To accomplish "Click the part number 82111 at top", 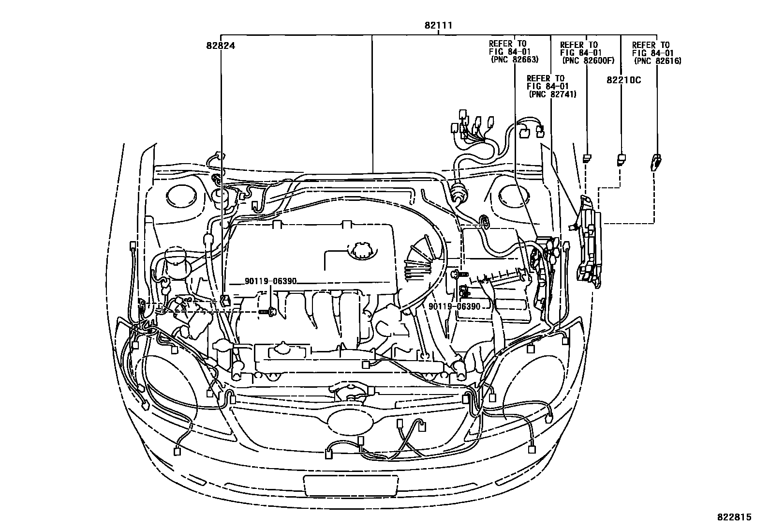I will tap(438, 26).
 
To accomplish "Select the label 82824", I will tap(221, 46).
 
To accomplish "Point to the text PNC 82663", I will tap(514, 60).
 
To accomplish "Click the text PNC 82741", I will tap(552, 94).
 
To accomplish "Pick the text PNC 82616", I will tap(657, 61).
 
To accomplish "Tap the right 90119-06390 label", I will tap(454, 307).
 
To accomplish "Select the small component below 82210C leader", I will tap(621, 158).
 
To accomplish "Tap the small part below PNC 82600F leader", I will tap(587, 158).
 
